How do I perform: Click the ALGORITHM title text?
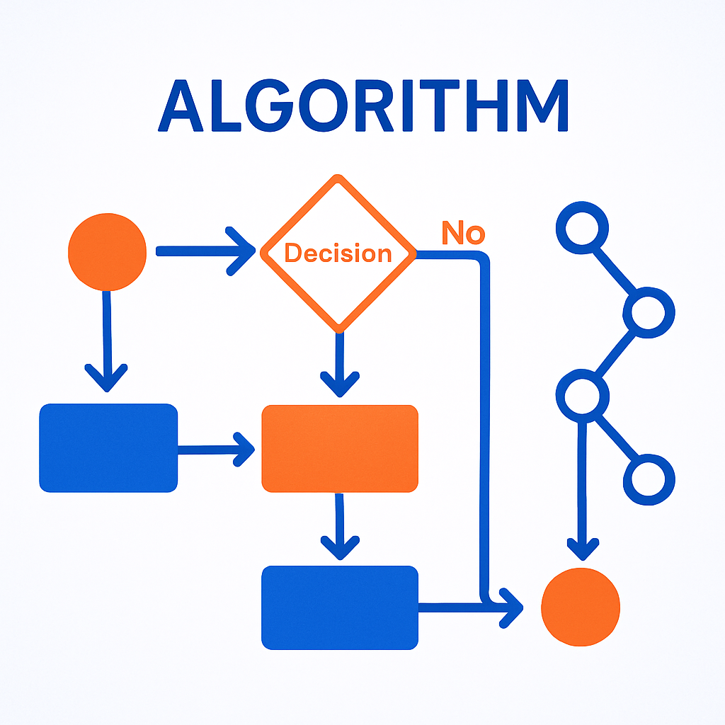tap(362, 106)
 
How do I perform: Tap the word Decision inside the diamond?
tap(338, 253)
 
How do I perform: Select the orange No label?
tap(463, 233)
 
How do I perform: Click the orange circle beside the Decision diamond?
tap(107, 251)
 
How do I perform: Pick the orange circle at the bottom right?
tap(580, 607)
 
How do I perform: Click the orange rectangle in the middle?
tap(340, 448)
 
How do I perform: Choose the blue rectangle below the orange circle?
tap(108, 447)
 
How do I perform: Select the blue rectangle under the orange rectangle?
tap(340, 607)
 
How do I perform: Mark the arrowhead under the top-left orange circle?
tap(106, 379)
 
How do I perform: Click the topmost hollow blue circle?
tap(583, 229)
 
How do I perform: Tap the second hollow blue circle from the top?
tap(649, 312)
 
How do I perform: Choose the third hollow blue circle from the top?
tap(583, 394)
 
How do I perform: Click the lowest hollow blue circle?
tap(649, 479)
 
